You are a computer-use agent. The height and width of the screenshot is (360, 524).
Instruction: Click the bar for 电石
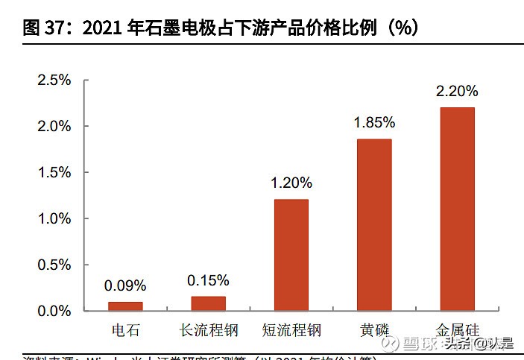pos(125,306)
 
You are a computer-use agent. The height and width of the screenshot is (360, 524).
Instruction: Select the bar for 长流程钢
pos(208,303)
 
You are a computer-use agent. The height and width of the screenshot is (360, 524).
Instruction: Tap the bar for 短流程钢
pos(291,255)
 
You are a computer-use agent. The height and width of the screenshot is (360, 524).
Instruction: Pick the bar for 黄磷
pos(374,224)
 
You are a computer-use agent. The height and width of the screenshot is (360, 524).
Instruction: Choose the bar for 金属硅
pos(457,209)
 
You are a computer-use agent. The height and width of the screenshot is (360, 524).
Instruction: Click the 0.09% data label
pos(125,285)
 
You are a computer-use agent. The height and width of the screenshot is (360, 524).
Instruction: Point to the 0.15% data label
pos(208,280)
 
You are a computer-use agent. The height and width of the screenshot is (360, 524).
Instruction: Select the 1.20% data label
pos(291,183)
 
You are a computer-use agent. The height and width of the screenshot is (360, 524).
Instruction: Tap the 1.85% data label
pos(374,123)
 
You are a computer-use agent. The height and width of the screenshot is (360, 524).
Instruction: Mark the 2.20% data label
pos(457,91)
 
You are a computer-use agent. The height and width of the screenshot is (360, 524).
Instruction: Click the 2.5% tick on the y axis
pos(54,80)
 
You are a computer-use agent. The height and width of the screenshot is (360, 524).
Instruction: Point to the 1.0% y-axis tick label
pos(54,218)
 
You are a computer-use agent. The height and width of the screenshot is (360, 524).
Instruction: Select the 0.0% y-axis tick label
pos(54,311)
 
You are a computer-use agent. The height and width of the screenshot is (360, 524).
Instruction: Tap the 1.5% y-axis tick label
pos(54,172)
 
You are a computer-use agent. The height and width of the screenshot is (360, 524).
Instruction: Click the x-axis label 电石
pos(125,329)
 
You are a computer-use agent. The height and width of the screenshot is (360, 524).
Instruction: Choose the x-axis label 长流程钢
pos(208,329)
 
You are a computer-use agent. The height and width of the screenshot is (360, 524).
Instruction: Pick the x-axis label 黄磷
pos(374,329)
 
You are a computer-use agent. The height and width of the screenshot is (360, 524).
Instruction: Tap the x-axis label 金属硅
pos(457,329)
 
